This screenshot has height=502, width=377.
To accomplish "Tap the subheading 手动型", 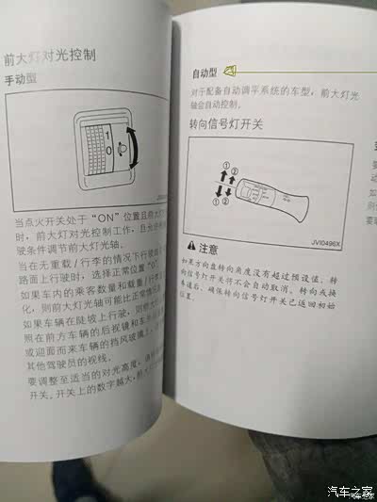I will pyautogui.click(x=23, y=81).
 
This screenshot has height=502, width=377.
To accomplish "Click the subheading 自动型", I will pyautogui.click(x=205, y=73).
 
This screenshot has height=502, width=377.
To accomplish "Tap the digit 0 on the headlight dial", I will pyautogui.click(x=109, y=150).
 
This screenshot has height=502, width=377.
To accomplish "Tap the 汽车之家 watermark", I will pyautogui.click(x=350, y=491).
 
